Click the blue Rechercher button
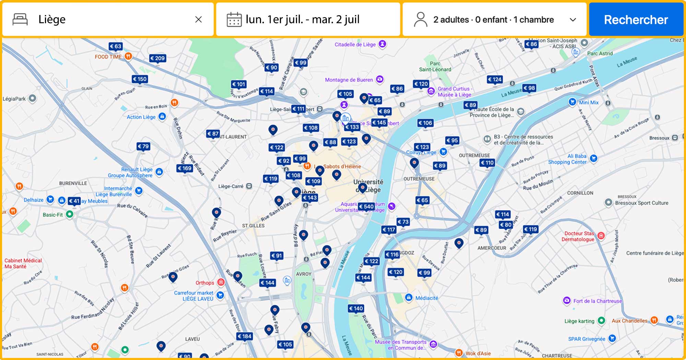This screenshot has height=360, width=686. [x=636, y=20]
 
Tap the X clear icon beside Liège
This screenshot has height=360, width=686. [x=198, y=20]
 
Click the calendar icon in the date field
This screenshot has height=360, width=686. [x=234, y=20]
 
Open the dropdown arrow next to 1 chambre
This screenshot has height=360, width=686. [x=572, y=20]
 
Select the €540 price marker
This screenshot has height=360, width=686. [x=366, y=206]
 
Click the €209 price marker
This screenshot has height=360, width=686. [x=157, y=58]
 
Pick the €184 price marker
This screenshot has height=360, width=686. [x=245, y=336]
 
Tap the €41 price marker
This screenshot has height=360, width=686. [x=74, y=201]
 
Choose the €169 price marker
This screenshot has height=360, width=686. [x=185, y=168]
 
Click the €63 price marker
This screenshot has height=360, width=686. [x=116, y=46]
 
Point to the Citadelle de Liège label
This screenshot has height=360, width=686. [x=355, y=45]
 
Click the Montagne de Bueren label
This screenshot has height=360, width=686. [x=349, y=80]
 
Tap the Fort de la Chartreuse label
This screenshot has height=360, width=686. [x=597, y=301]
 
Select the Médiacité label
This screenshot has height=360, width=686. [x=426, y=298]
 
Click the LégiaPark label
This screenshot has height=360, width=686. [x=14, y=99]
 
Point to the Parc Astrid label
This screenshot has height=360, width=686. [x=600, y=53]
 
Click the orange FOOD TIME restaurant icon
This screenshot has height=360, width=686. [x=128, y=56]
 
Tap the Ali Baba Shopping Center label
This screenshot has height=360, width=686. [x=568, y=159]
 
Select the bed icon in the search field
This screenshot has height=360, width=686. [x=20, y=20]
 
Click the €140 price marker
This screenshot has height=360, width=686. [x=356, y=309]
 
